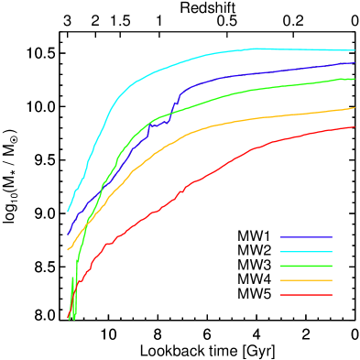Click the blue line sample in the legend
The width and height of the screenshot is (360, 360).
(x=306, y=236)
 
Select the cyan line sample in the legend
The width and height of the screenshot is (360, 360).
(x=306, y=251)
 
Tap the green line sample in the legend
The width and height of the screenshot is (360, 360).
(x=306, y=266)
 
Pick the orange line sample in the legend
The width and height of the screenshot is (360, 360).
(x=306, y=280)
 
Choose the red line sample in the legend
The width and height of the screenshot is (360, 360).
(x=306, y=295)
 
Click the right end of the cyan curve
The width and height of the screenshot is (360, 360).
(x=355, y=50)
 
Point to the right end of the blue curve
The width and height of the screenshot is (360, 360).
(x=355, y=63)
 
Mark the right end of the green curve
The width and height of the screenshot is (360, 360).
(x=355, y=79)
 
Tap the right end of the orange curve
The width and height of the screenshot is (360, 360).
(x=355, y=108)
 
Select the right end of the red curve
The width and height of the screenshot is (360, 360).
(x=355, y=127)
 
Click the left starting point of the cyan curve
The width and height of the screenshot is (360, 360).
(x=68, y=212)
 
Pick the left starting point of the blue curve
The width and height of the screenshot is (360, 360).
(x=68, y=234)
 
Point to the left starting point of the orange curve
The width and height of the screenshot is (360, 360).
(x=68, y=249)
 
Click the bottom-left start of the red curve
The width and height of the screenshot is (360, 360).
(x=68, y=317)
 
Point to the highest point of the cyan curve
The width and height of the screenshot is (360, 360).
(x=256, y=48)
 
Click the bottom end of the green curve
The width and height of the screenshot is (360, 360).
(x=74, y=318)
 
